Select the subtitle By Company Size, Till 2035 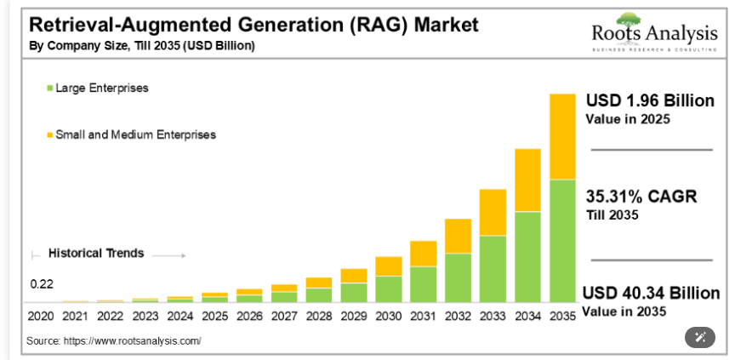click(x=141, y=45)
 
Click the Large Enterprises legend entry click(x=101, y=88)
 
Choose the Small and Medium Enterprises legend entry click(x=135, y=134)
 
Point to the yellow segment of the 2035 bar click(x=562, y=136)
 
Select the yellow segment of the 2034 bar click(x=527, y=180)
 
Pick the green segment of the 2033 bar click(x=493, y=269)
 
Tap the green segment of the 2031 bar click(x=423, y=284)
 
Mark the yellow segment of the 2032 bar click(x=458, y=236)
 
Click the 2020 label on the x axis click(x=40, y=316)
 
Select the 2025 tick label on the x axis click(x=214, y=316)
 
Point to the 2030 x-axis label click(x=388, y=316)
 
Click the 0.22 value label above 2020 click(x=42, y=284)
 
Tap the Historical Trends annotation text click(x=96, y=254)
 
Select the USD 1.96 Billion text click(x=650, y=100)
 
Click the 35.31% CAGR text click(x=641, y=197)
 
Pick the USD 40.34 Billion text click(x=651, y=294)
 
